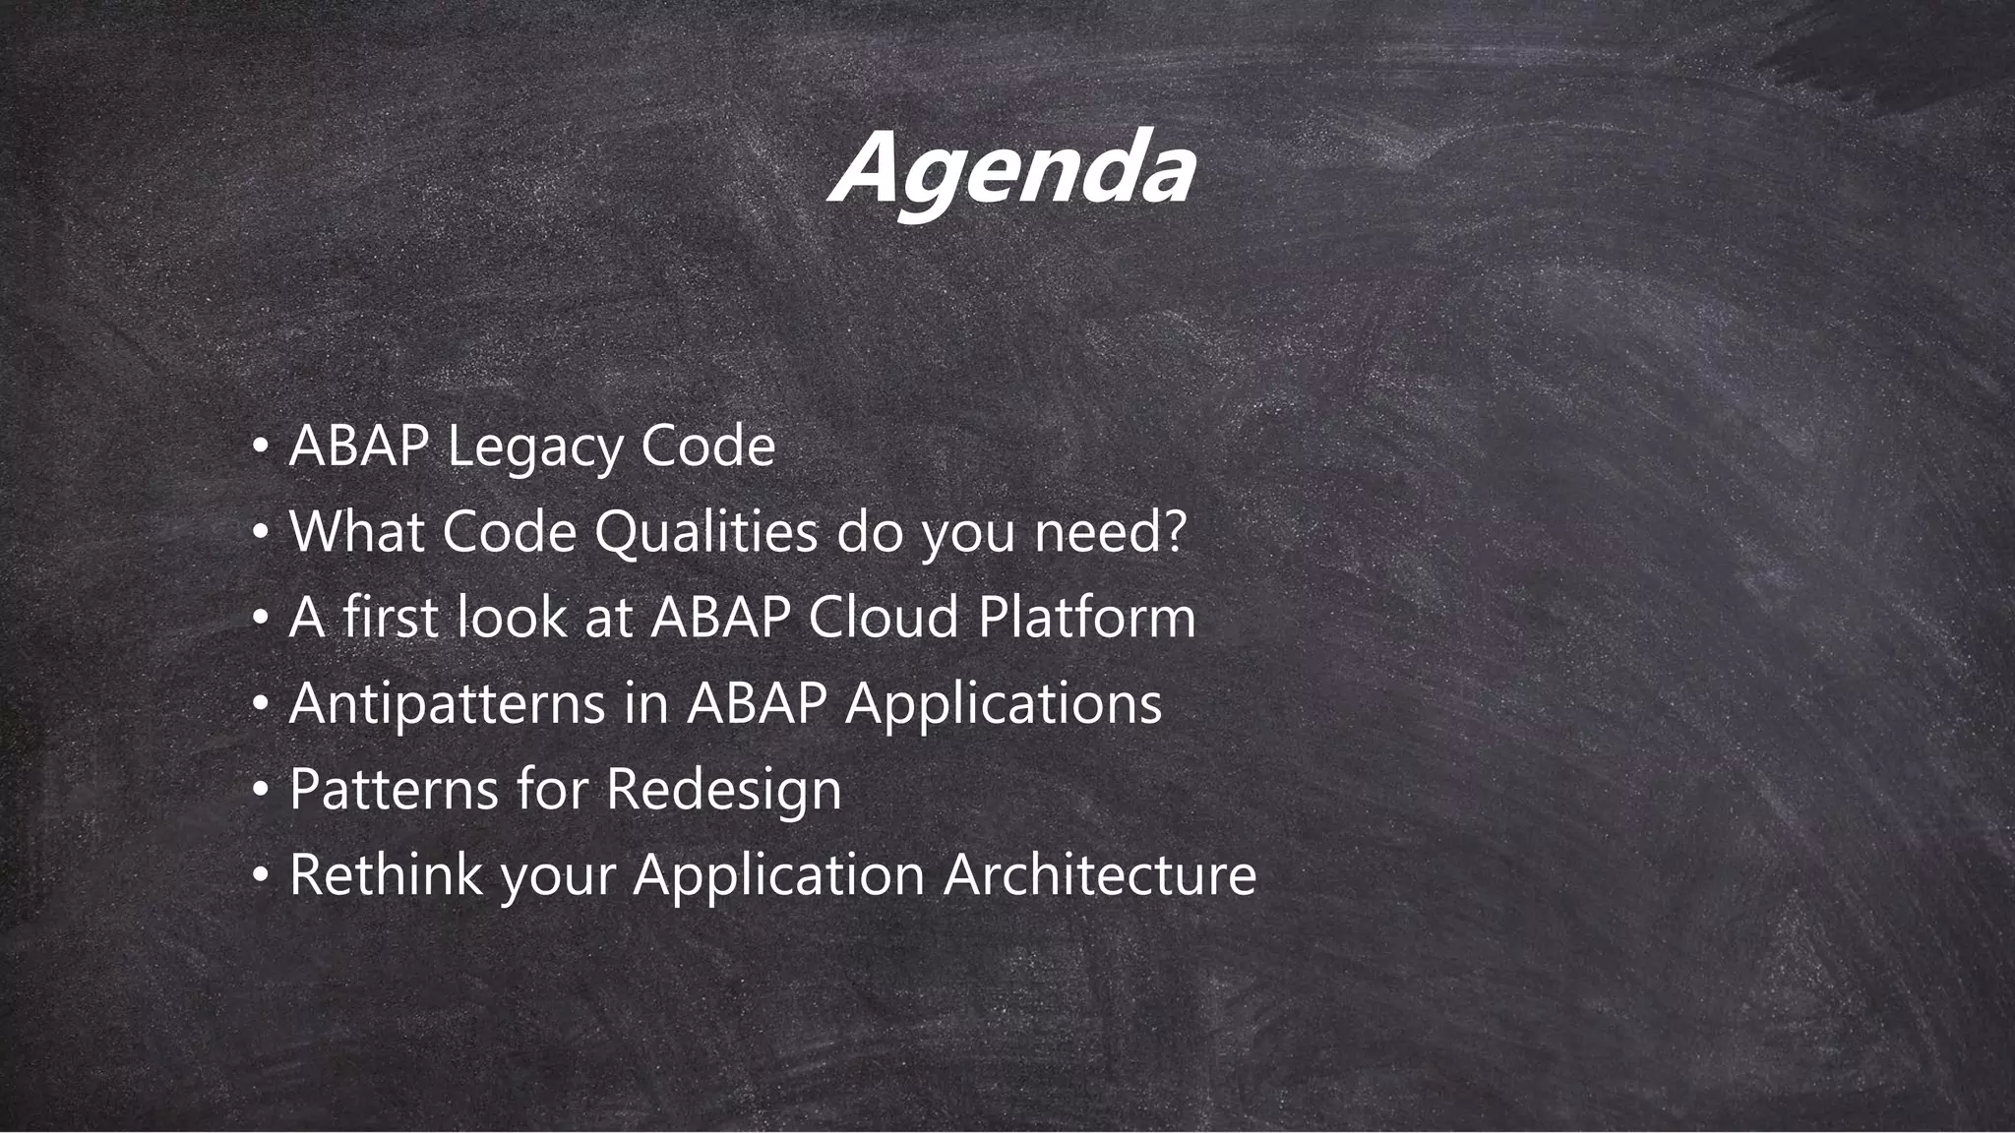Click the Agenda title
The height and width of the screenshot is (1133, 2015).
[x=1011, y=169]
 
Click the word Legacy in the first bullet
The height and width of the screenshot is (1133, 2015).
[x=535, y=447]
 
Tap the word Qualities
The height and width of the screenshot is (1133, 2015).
[x=705, y=532]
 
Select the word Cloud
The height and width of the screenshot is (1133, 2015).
[x=883, y=618]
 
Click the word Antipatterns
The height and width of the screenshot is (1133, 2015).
[x=447, y=703]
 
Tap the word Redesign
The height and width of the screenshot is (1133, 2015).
[x=723, y=790]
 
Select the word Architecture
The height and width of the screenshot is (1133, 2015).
[x=1099, y=873]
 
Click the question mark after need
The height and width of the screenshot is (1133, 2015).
[x=1174, y=532]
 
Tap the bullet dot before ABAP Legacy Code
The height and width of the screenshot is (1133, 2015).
[x=260, y=448]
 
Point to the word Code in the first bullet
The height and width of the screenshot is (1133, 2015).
[x=707, y=447]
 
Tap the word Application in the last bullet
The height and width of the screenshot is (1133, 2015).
[x=778, y=874]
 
